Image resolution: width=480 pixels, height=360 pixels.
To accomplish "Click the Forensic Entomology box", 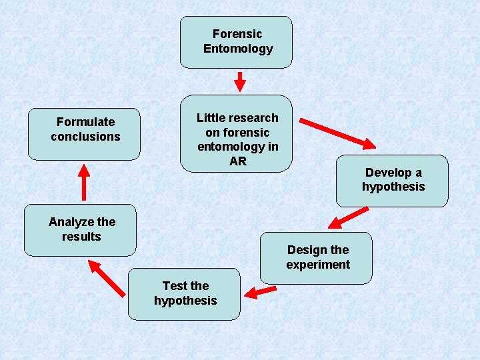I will [236, 42].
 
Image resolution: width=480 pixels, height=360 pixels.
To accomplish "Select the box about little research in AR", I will [236, 133].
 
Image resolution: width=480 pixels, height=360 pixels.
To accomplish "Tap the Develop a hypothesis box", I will [392, 181].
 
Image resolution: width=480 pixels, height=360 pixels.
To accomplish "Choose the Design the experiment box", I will [316, 258].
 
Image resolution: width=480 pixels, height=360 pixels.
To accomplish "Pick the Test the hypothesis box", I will [184, 294].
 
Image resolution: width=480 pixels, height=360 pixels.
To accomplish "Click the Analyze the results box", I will [80, 230].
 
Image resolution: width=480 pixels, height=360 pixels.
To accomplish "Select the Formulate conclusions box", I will [84, 134].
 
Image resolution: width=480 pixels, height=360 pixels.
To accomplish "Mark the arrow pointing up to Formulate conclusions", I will [84, 181].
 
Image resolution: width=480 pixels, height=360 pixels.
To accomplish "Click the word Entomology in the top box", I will [238, 49].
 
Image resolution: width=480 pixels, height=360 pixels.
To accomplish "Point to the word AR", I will [238, 161].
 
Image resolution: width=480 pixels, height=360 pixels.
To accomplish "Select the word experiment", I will [318, 265].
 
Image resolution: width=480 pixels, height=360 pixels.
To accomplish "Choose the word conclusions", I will [85, 137].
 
